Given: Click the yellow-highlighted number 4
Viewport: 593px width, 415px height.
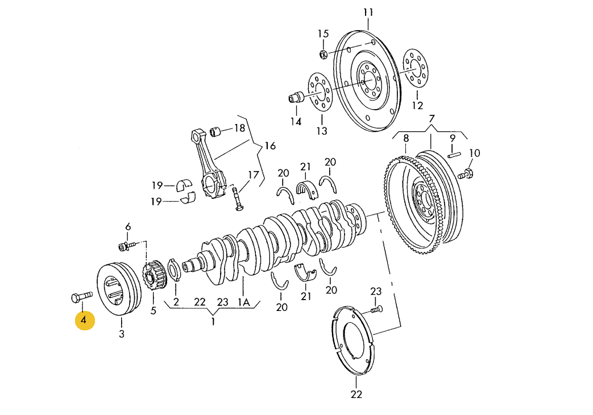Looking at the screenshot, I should click(x=84, y=321).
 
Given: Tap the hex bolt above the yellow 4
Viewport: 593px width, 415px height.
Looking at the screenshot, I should click(x=81, y=296).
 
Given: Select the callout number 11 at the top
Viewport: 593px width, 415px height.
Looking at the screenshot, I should click(x=368, y=13).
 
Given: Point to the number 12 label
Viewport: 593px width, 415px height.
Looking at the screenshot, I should click(x=417, y=105).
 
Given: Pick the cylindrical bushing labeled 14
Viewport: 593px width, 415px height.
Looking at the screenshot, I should click(x=296, y=98).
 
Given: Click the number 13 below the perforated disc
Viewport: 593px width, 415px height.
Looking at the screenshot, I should click(x=322, y=131).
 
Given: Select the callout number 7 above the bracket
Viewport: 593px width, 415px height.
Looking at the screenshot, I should click(x=432, y=119).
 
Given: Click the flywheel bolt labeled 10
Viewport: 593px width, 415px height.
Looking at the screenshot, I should click(x=463, y=173).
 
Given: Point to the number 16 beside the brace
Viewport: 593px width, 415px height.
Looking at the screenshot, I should click(x=269, y=146).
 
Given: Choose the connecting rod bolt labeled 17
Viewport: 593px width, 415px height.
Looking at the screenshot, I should click(x=238, y=201).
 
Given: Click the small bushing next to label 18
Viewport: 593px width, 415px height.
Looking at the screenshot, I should click(x=216, y=132).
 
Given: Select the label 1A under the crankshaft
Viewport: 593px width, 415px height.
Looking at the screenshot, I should click(x=243, y=303).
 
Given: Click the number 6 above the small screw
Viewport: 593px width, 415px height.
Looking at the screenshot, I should click(x=128, y=227).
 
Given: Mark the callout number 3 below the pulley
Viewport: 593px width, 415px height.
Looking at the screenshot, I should click(x=121, y=334).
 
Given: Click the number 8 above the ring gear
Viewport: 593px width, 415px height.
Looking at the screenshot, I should click(x=406, y=138).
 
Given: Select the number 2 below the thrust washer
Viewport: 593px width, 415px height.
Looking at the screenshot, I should click(x=176, y=303).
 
